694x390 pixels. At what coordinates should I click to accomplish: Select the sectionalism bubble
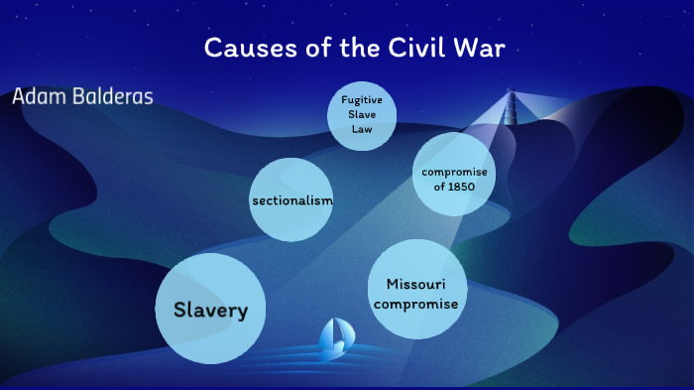click(291, 200)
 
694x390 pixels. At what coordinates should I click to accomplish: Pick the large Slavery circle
click(210, 310)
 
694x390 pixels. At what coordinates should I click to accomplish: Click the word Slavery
click(210, 310)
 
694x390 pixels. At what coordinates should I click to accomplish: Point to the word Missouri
click(415, 284)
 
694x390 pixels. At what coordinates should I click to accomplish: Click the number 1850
click(461, 187)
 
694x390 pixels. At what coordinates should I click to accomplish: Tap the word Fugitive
click(362, 100)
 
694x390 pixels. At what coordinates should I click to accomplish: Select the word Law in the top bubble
click(361, 129)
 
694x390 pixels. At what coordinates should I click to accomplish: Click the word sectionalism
click(291, 200)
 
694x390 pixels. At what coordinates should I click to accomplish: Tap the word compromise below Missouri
click(415, 304)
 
